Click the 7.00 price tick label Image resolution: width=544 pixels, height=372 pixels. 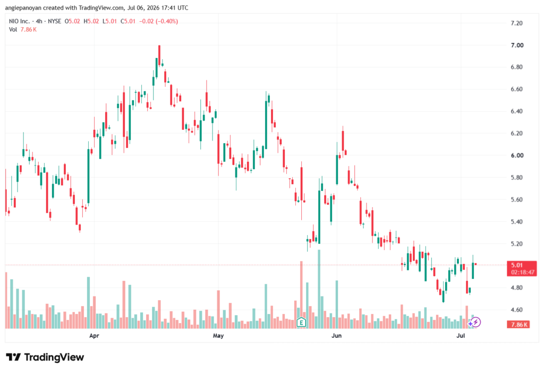517,45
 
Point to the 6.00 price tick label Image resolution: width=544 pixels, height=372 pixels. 517,155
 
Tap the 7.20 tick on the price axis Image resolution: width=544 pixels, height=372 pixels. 516,23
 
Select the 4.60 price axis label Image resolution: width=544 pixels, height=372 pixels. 516,310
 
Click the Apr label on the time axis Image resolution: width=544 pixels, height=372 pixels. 94,336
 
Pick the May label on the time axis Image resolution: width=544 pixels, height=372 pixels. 218,336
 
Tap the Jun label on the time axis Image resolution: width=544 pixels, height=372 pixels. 336,336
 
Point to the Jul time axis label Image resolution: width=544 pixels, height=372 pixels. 461,336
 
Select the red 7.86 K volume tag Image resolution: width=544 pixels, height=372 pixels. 518,325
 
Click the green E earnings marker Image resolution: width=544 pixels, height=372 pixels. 302,323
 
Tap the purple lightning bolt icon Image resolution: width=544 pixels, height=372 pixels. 475,323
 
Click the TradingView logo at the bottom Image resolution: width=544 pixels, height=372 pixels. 45,358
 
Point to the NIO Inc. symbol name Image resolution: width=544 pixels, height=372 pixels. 20,21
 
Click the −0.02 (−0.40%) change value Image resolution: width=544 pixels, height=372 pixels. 158,21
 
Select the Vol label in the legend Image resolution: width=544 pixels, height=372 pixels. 13,30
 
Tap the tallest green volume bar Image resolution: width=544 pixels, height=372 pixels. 319,289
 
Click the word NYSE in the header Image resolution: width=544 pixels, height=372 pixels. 55,21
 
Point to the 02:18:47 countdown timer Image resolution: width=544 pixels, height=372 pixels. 523,272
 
